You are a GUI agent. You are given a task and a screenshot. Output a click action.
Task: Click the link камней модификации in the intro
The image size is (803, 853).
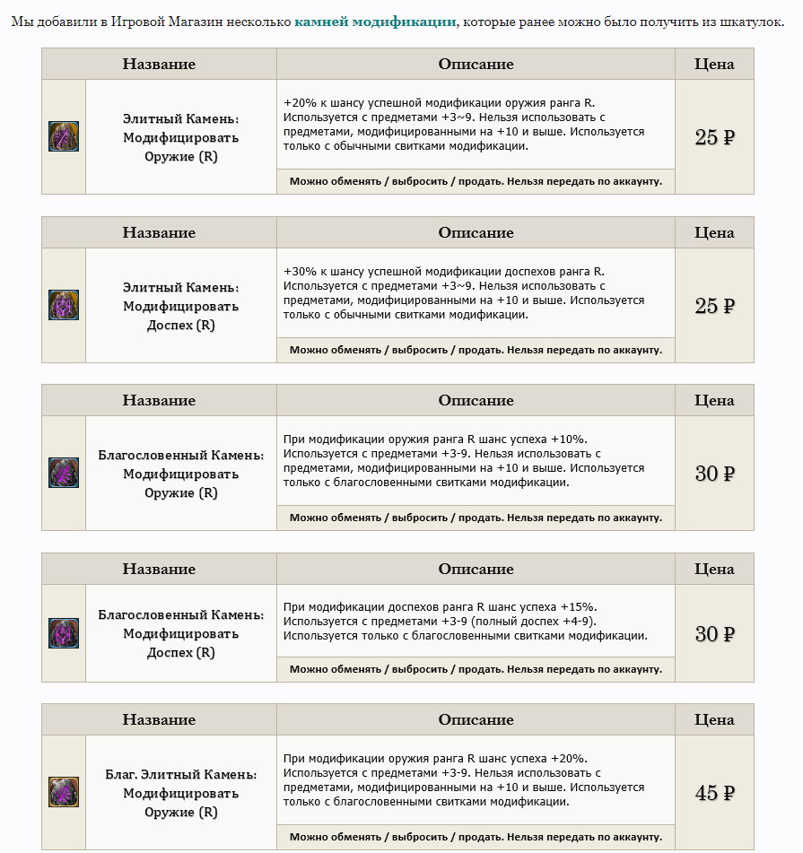click(375, 22)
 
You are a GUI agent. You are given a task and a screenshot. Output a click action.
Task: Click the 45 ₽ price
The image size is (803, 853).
click(714, 794)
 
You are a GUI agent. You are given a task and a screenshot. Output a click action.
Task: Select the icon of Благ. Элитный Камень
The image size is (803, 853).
click(64, 792)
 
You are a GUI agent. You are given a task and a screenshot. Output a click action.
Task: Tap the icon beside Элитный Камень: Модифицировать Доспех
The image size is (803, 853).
click(64, 305)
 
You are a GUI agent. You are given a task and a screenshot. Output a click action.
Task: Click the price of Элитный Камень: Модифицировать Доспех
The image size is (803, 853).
click(714, 306)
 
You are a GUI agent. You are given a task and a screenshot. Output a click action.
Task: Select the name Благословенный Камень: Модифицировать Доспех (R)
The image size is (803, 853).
click(180, 634)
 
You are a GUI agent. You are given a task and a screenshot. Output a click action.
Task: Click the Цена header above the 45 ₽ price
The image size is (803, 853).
click(714, 719)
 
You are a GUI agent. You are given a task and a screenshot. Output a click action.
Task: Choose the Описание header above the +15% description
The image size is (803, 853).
click(476, 569)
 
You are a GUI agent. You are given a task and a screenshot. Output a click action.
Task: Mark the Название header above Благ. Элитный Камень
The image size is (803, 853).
click(159, 719)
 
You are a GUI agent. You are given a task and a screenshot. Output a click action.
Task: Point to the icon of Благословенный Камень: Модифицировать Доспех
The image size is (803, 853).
click(64, 633)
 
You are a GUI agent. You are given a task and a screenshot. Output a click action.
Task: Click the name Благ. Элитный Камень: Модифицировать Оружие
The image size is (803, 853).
click(180, 794)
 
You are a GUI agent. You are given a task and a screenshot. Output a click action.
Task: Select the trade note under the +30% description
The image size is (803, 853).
click(476, 350)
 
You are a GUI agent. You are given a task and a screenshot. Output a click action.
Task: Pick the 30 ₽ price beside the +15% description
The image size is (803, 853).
click(714, 634)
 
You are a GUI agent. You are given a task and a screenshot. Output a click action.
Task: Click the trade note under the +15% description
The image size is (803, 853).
click(476, 669)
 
